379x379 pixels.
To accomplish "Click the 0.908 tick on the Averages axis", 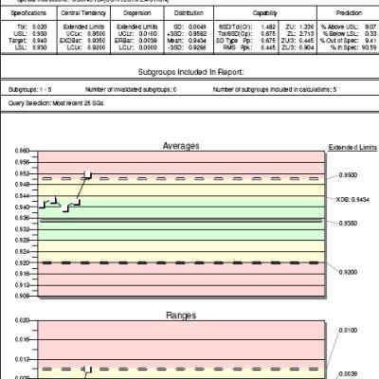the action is point(22,296).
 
